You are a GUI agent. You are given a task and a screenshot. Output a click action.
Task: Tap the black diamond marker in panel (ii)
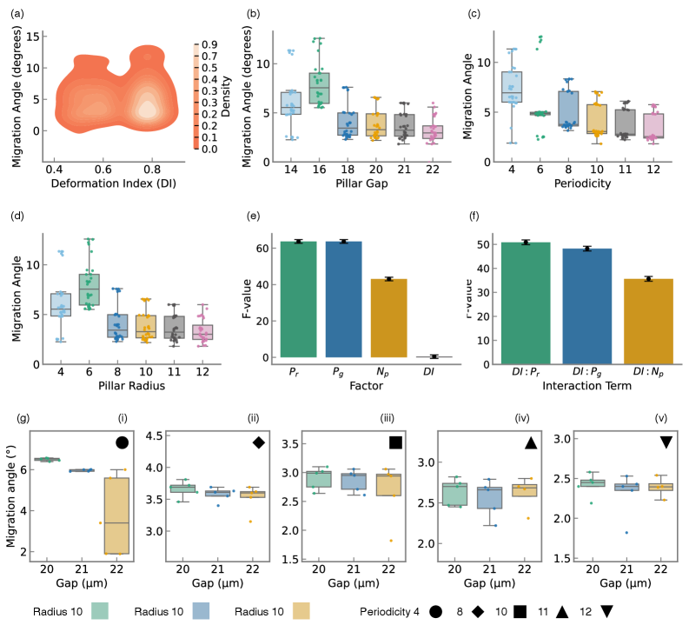(258, 442)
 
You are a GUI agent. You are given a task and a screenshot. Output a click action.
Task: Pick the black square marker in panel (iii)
(395, 442)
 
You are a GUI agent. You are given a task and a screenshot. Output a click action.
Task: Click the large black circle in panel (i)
(122, 442)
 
